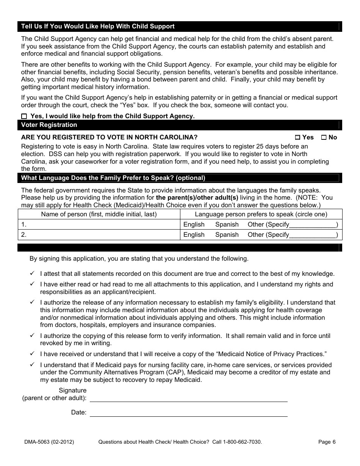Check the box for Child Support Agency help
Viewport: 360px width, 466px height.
[x=24, y=116]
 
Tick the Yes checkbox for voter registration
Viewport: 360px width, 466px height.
[x=297, y=138]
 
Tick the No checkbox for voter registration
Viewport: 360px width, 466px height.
[x=324, y=138]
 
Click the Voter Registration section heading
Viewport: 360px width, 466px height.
[x=49, y=125]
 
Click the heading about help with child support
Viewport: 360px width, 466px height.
[x=98, y=26]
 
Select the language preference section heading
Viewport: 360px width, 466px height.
[x=113, y=178]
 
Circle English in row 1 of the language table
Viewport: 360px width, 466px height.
[x=194, y=224]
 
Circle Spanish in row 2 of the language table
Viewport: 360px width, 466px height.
[x=227, y=235]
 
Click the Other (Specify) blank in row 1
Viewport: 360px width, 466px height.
[x=313, y=225]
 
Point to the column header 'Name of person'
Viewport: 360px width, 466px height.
[x=99, y=214]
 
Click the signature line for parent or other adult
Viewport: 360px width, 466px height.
[x=188, y=397]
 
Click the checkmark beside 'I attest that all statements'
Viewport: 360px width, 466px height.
[x=32, y=273]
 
